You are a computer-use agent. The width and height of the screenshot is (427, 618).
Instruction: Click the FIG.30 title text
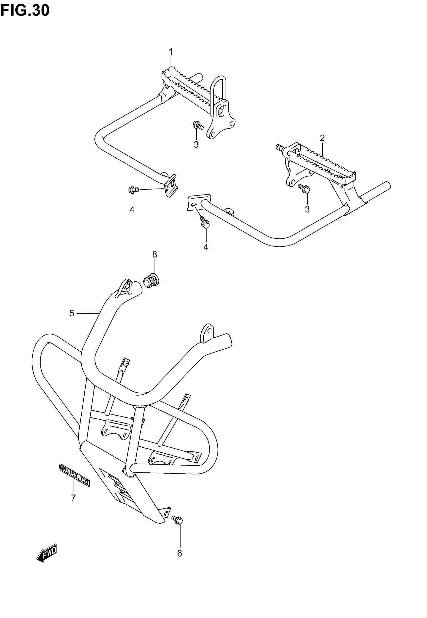[25, 11]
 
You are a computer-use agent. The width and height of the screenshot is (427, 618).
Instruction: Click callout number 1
[171, 52]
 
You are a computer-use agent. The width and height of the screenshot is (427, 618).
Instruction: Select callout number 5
[72, 313]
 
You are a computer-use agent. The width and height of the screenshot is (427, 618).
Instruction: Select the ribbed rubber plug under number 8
[151, 281]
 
